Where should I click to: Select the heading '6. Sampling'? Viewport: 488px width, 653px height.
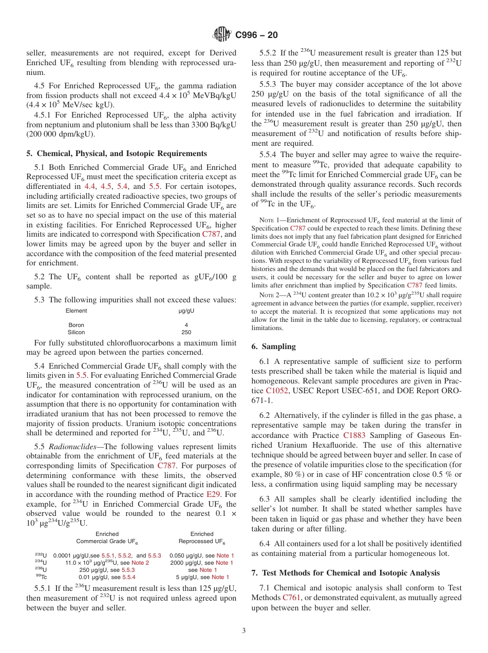[273, 347]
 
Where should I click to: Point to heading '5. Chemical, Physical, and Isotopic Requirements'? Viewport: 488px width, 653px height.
[117, 153]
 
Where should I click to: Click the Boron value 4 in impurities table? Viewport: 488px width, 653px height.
[186, 325]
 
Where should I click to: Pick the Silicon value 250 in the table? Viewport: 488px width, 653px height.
[186, 332]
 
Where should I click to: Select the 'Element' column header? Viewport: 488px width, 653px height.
[76, 311]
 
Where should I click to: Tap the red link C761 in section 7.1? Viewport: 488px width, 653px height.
[292, 598]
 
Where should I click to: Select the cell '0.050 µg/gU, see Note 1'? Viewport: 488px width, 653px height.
[201, 555]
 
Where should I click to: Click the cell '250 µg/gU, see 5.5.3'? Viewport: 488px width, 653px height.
[107, 570]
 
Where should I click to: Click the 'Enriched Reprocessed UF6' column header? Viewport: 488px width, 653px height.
[201, 537]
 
